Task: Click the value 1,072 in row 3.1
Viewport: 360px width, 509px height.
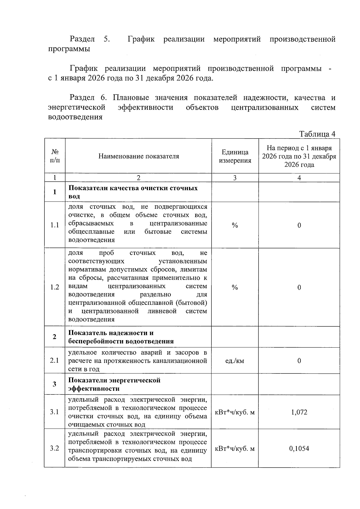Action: tap(299, 412)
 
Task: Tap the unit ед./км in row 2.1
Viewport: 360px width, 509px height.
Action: tap(235, 361)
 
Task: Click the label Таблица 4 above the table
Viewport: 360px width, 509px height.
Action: tap(317, 134)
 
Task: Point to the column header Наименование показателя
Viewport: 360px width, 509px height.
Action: tap(139, 156)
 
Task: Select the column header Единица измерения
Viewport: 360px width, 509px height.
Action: tap(235, 156)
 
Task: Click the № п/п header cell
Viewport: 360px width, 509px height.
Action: tap(55, 156)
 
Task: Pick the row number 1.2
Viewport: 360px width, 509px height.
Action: tap(55, 287)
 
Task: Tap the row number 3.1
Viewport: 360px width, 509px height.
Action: tap(55, 412)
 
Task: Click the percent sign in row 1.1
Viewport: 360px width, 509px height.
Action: tap(235, 225)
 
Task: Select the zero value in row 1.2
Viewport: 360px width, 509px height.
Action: tap(299, 287)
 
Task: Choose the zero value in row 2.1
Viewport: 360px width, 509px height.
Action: tap(299, 361)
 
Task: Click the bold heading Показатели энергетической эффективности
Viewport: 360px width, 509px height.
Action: tap(114, 384)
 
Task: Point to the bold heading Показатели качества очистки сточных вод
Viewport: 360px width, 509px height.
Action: tap(133, 192)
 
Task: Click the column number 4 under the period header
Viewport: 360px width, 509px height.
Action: tap(299, 178)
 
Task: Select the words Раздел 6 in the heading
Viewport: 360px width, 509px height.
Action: tap(88, 97)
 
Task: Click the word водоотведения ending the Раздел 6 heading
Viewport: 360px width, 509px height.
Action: tap(75, 117)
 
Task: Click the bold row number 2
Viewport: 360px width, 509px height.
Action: tap(55, 337)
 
